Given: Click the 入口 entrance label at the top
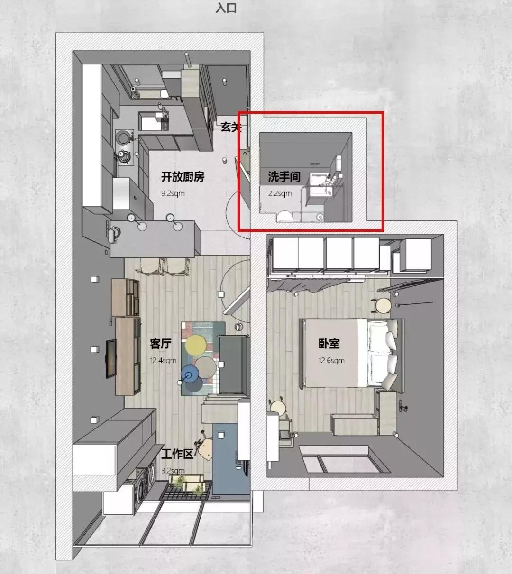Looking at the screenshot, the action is pos(226,8).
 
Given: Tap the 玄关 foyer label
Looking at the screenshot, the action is pos(231,127).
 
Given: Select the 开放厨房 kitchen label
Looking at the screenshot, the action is pos(183,176).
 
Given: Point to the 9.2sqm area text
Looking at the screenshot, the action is pos(173,193).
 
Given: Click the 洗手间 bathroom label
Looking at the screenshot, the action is pos(284,176).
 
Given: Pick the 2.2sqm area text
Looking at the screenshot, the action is pos(280,193).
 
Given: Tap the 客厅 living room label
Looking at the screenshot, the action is pos(161,344).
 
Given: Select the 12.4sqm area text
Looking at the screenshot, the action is pos(163,360).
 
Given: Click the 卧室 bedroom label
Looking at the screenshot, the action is pos(329,344).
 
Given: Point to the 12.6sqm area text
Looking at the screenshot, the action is pos(331,360).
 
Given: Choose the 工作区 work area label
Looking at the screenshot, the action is pos(177,454).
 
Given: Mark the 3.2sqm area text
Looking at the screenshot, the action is pos(173,471).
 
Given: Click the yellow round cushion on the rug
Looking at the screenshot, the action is pos(196,346).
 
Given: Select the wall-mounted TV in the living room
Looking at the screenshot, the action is pos(111,358).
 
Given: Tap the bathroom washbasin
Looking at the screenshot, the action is pos(321,184).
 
